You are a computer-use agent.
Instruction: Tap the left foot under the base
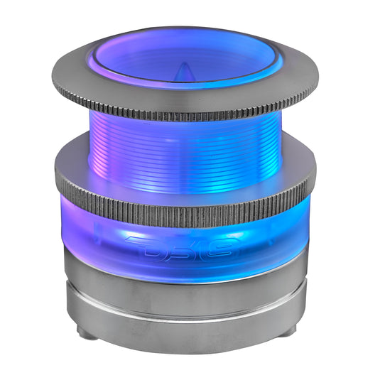(x=84, y=332)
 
